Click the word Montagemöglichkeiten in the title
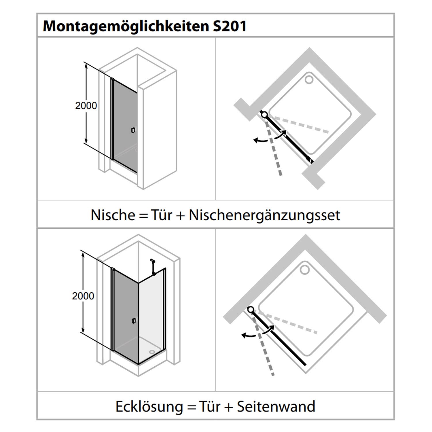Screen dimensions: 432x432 coord(126,26)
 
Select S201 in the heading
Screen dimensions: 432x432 coord(230,26)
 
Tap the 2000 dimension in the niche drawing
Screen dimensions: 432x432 coord(86,106)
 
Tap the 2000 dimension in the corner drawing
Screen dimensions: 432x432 coord(83,296)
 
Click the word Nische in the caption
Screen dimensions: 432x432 coord(113,215)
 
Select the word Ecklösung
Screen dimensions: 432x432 coord(149,407)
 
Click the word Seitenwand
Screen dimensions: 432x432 coord(276,406)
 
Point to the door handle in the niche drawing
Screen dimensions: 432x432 coord(133,130)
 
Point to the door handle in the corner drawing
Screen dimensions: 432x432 coord(133,321)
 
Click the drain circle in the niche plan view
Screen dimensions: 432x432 coord(309,79)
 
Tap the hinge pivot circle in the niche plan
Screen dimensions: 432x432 coord(264,115)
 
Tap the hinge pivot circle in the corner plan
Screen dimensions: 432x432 coord(251,310)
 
